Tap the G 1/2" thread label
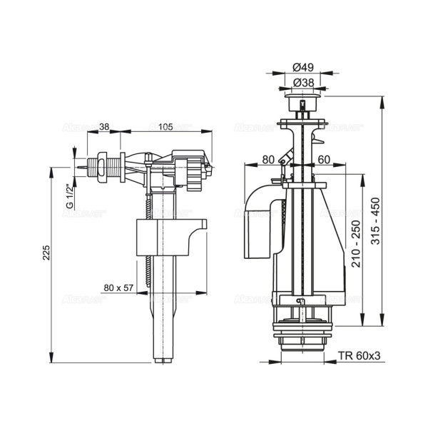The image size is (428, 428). (x=69, y=195)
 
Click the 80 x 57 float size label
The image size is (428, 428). (x=118, y=287)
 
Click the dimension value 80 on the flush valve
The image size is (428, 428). (x=268, y=159)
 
